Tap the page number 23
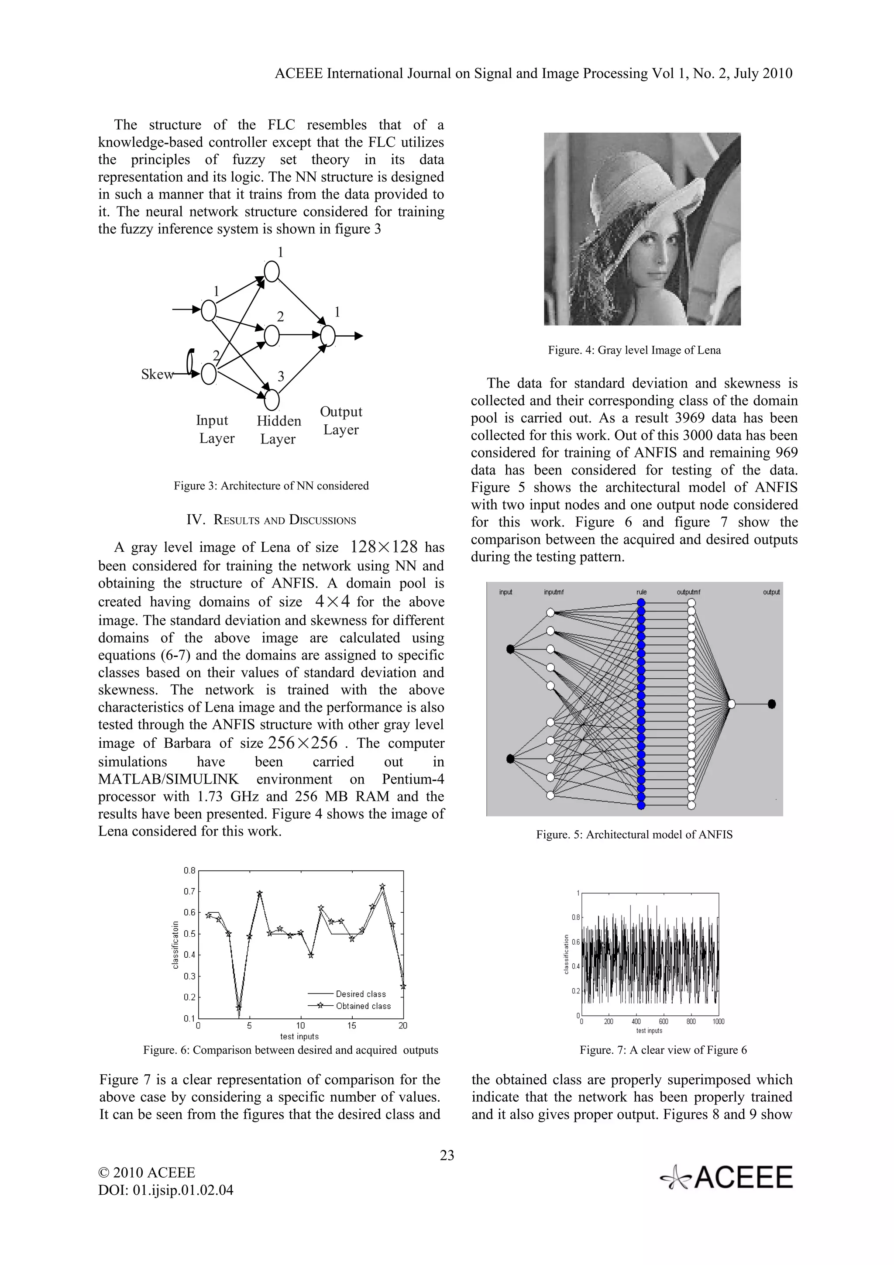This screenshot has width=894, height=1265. (447, 1155)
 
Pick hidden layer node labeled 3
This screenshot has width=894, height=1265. (272, 399)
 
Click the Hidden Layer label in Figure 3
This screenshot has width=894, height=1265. (279, 430)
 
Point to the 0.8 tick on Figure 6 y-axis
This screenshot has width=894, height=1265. (189, 870)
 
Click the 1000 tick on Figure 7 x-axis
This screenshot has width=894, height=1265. (718, 1021)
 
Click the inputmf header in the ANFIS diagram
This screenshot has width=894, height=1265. (553, 592)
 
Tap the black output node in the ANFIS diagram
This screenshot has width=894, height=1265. (772, 704)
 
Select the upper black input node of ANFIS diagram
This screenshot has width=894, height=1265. (510, 649)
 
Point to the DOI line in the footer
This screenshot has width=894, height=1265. (165, 1189)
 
